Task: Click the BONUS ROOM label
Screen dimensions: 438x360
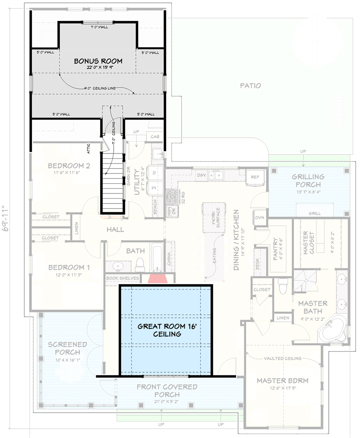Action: click(x=94, y=61)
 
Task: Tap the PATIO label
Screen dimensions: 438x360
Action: click(x=250, y=86)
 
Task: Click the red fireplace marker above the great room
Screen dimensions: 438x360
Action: click(x=157, y=278)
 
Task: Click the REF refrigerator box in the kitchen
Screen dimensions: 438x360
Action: click(x=255, y=177)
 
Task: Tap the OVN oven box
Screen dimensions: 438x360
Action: click(x=259, y=218)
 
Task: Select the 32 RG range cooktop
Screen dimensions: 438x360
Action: click(x=172, y=197)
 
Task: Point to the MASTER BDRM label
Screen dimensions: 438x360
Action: click(x=282, y=380)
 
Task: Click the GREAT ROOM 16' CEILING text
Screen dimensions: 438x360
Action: click(x=165, y=330)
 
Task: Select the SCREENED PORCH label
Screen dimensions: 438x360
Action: click(x=67, y=348)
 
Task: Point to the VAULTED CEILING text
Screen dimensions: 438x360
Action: click(x=282, y=358)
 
